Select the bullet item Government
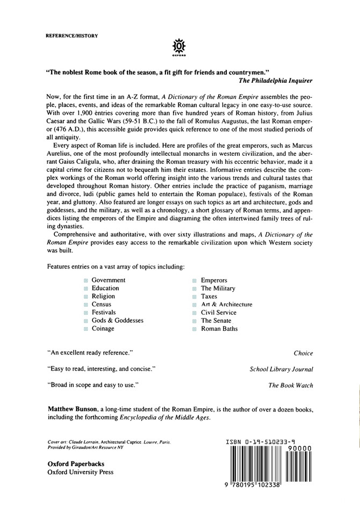(109, 280)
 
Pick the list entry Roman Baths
(219, 328)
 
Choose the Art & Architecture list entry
(226, 304)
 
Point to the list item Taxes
(209, 296)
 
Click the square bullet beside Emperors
(195, 280)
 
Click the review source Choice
(303, 353)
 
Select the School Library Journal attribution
(282, 369)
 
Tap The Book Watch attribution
(290, 385)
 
